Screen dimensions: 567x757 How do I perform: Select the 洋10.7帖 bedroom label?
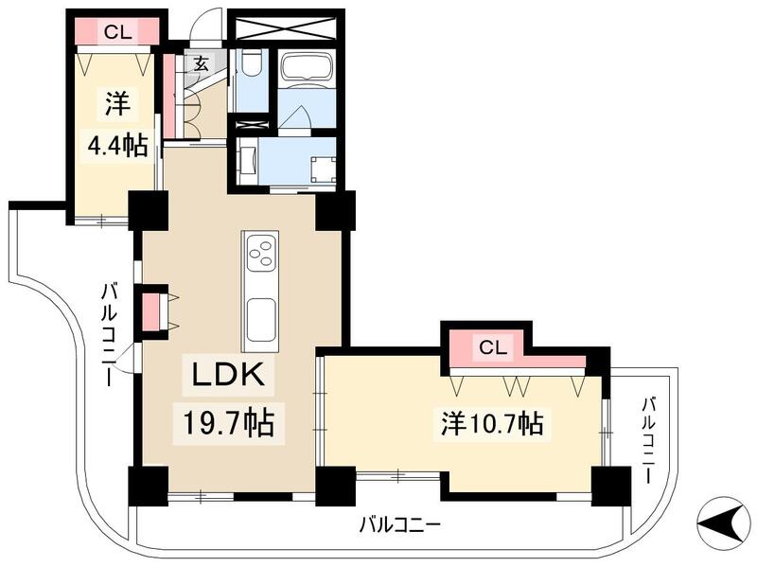pos(491,423)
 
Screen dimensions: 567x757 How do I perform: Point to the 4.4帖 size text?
pos(113,146)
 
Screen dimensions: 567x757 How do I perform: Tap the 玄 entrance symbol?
pos(202,64)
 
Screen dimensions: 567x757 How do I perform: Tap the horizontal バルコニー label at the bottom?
pos(399,523)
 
